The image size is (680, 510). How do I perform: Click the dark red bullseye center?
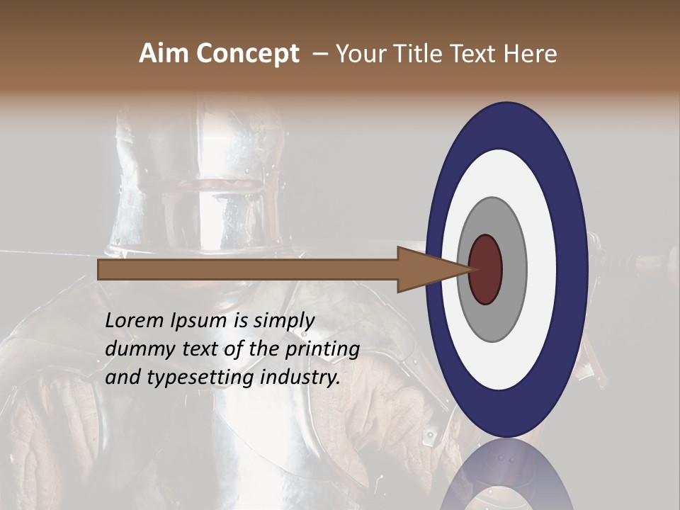point(486,270)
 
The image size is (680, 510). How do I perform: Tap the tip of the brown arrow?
point(468,269)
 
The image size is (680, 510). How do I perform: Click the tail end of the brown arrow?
point(101,269)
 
